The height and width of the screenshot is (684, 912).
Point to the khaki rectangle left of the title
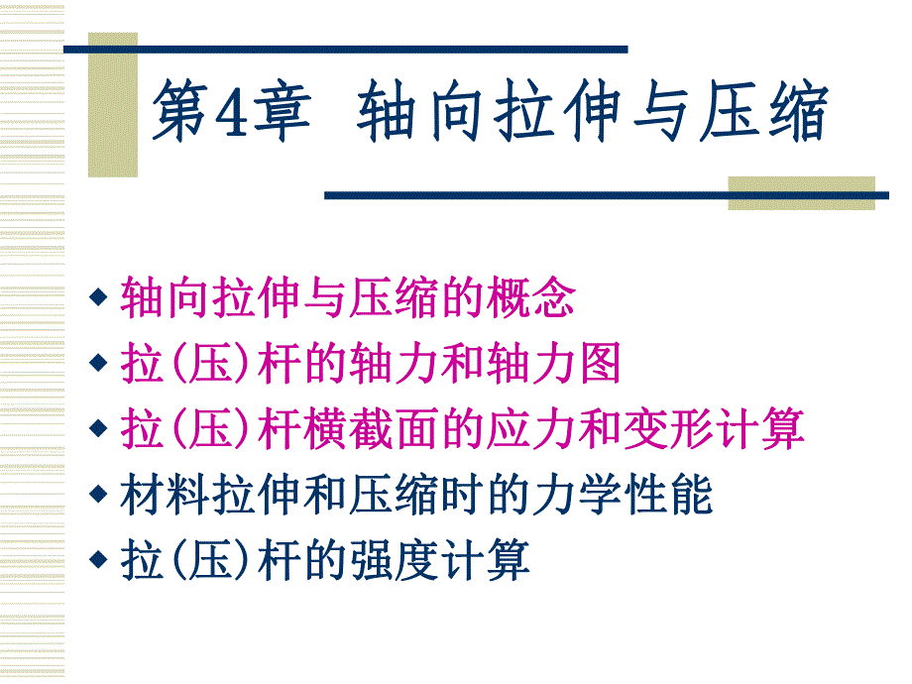coord(112,104)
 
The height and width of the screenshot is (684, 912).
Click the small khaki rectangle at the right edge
coord(801,192)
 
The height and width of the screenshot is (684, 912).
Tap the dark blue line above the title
coord(347,49)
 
